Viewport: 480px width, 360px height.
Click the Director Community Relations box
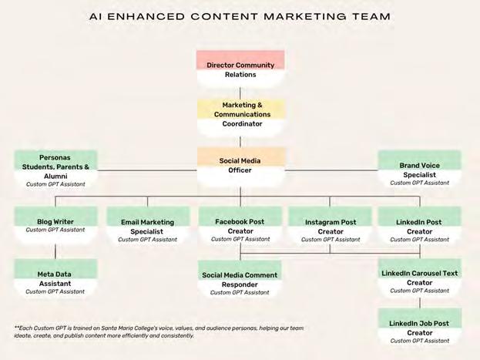click(240, 70)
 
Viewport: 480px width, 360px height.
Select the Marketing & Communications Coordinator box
click(240, 114)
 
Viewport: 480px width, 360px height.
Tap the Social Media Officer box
click(240, 166)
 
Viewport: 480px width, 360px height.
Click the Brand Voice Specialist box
click(419, 170)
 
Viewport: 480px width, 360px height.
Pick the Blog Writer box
click(55, 225)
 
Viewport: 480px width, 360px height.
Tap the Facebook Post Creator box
click(240, 227)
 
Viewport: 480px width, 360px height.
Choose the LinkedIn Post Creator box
click(419, 227)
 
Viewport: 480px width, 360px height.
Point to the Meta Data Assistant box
click(55, 278)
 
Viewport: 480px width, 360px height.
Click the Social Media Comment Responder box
click(240, 279)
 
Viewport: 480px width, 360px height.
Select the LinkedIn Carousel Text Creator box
click(419, 278)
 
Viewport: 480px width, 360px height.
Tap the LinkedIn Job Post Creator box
click(419, 328)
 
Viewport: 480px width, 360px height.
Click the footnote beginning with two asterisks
click(159, 332)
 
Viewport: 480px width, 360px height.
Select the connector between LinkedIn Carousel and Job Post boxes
click(419, 303)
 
